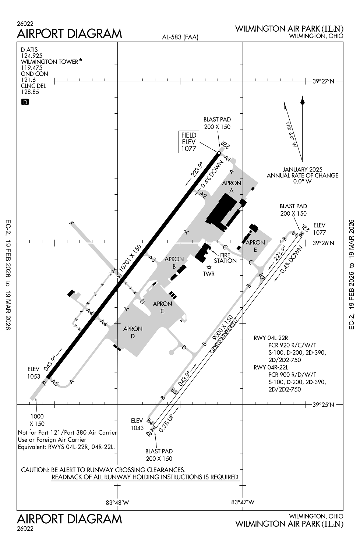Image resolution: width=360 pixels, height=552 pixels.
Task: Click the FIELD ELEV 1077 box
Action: pos(188,142)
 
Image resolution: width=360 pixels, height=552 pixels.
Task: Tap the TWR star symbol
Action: pos(209,267)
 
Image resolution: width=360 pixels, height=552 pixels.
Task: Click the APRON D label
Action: pos(133,332)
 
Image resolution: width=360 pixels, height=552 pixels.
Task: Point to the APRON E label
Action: pos(255,246)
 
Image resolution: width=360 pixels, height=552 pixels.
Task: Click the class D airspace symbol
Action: pos(25,102)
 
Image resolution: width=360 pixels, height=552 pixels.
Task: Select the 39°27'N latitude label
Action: pos(323,81)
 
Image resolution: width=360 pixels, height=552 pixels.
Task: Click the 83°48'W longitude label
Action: pos(117,502)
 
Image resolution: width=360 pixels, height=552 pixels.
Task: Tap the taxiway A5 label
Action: pos(55,383)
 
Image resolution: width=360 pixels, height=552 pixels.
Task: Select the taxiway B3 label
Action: pos(174,391)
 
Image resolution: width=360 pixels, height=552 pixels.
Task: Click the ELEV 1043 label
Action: pos(137,424)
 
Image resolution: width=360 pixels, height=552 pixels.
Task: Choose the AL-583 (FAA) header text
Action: pos(180,37)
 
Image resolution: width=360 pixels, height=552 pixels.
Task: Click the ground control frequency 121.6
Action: pos(28,80)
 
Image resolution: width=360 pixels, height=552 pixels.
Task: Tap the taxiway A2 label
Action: pos(203,195)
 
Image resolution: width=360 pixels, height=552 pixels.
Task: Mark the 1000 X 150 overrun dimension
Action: pos(37,420)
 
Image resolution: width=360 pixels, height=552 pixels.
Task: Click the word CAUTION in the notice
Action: pos(35,470)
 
